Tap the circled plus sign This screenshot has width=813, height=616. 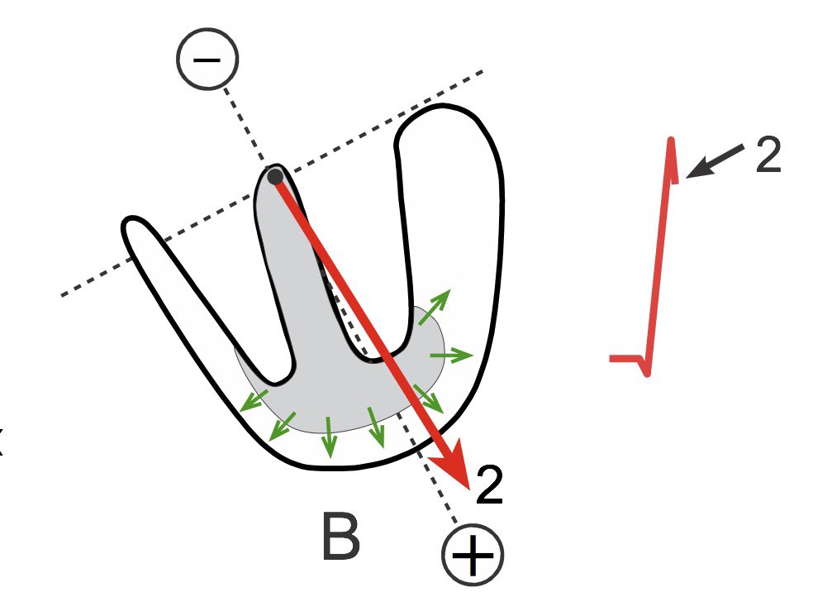click(472, 555)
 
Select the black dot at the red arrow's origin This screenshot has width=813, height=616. click(275, 175)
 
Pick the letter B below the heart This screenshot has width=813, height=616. click(340, 537)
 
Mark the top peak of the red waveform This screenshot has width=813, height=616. click(672, 142)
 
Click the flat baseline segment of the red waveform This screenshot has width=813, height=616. click(623, 358)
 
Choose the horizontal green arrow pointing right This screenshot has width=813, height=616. click(451, 356)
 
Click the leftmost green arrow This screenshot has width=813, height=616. click(253, 400)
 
